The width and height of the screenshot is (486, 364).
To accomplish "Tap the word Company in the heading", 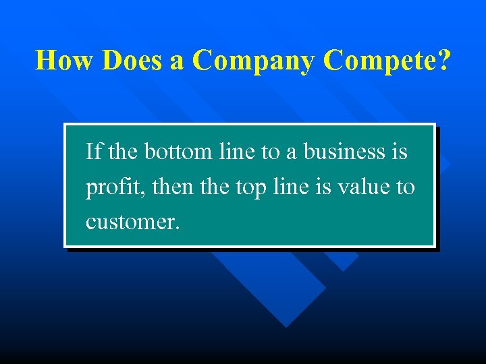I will point(253,61).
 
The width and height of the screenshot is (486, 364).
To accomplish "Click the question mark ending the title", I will point(443,60).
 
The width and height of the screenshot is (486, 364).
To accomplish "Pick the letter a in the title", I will point(177,61).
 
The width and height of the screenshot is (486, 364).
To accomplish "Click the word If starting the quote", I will point(94,152).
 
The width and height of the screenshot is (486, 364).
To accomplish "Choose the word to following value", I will point(406,187).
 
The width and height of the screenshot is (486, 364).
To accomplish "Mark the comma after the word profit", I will point(145,193).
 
